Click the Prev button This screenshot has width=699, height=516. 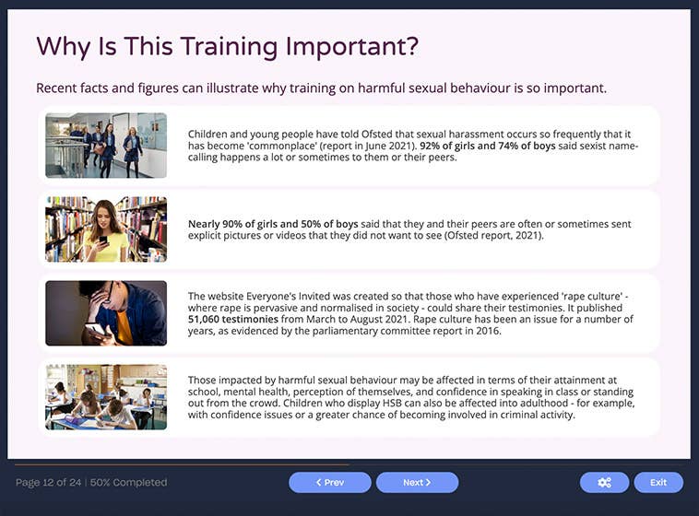click(x=329, y=482)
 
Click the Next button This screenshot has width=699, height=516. click(x=417, y=482)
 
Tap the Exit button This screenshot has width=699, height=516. click(x=658, y=482)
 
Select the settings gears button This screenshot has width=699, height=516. click(x=604, y=482)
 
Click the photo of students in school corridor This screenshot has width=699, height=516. click(x=106, y=146)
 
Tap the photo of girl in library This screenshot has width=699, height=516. click(x=106, y=229)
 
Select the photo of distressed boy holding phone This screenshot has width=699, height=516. click(x=106, y=313)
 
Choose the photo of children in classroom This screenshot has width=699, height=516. click(x=106, y=397)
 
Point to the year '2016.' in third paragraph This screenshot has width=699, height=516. click(x=487, y=331)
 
